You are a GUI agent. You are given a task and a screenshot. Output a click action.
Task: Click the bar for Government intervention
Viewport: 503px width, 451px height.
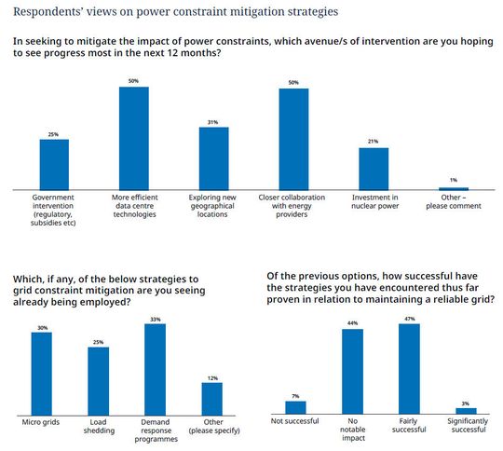[x=53, y=164]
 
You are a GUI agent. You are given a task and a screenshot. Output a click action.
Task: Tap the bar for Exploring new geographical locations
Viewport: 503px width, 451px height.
[x=213, y=158]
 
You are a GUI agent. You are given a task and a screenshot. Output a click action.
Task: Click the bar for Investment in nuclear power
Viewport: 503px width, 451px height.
[x=374, y=169]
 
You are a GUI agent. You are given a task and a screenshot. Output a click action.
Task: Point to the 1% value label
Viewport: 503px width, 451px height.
[x=454, y=181]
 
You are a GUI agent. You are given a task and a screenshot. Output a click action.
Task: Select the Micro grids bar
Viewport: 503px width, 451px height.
[x=41, y=373]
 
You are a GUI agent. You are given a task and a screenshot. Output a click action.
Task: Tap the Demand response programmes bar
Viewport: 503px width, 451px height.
[x=155, y=369]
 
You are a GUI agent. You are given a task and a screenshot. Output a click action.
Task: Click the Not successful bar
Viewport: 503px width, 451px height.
[x=295, y=407]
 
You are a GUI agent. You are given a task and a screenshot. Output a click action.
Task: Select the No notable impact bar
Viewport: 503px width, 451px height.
[x=352, y=371]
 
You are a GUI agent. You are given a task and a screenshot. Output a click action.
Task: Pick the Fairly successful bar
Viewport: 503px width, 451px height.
[x=409, y=368]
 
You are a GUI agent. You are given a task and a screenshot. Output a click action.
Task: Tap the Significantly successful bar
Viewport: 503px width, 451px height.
[x=466, y=410]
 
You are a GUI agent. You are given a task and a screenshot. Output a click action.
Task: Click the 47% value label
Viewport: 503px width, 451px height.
[x=409, y=319]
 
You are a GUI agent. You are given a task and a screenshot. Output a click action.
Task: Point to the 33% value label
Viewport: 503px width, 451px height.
[x=155, y=320]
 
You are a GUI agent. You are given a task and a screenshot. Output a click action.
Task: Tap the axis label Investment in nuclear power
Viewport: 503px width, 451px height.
[x=374, y=203]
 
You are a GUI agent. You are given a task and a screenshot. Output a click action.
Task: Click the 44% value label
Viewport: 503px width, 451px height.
[x=352, y=324]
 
